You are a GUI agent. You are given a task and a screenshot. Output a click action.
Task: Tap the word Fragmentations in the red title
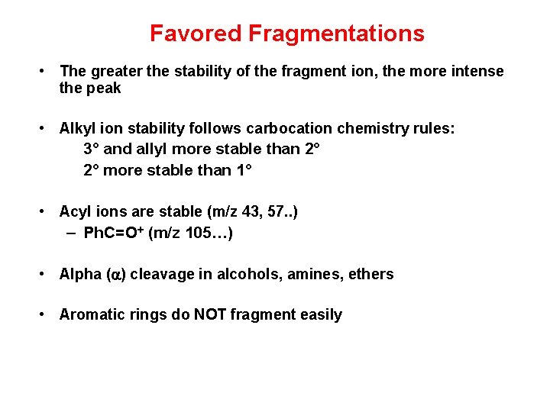(336, 34)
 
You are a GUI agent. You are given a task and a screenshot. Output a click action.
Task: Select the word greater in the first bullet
(117, 71)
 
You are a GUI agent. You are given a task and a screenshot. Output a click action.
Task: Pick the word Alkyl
(78, 128)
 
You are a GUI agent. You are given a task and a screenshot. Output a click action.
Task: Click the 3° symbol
(92, 149)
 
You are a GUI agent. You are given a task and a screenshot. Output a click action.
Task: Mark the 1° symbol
(242, 169)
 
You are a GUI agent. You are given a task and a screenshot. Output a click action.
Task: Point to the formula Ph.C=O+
(115, 232)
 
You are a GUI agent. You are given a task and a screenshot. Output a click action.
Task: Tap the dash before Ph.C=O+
(70, 232)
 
